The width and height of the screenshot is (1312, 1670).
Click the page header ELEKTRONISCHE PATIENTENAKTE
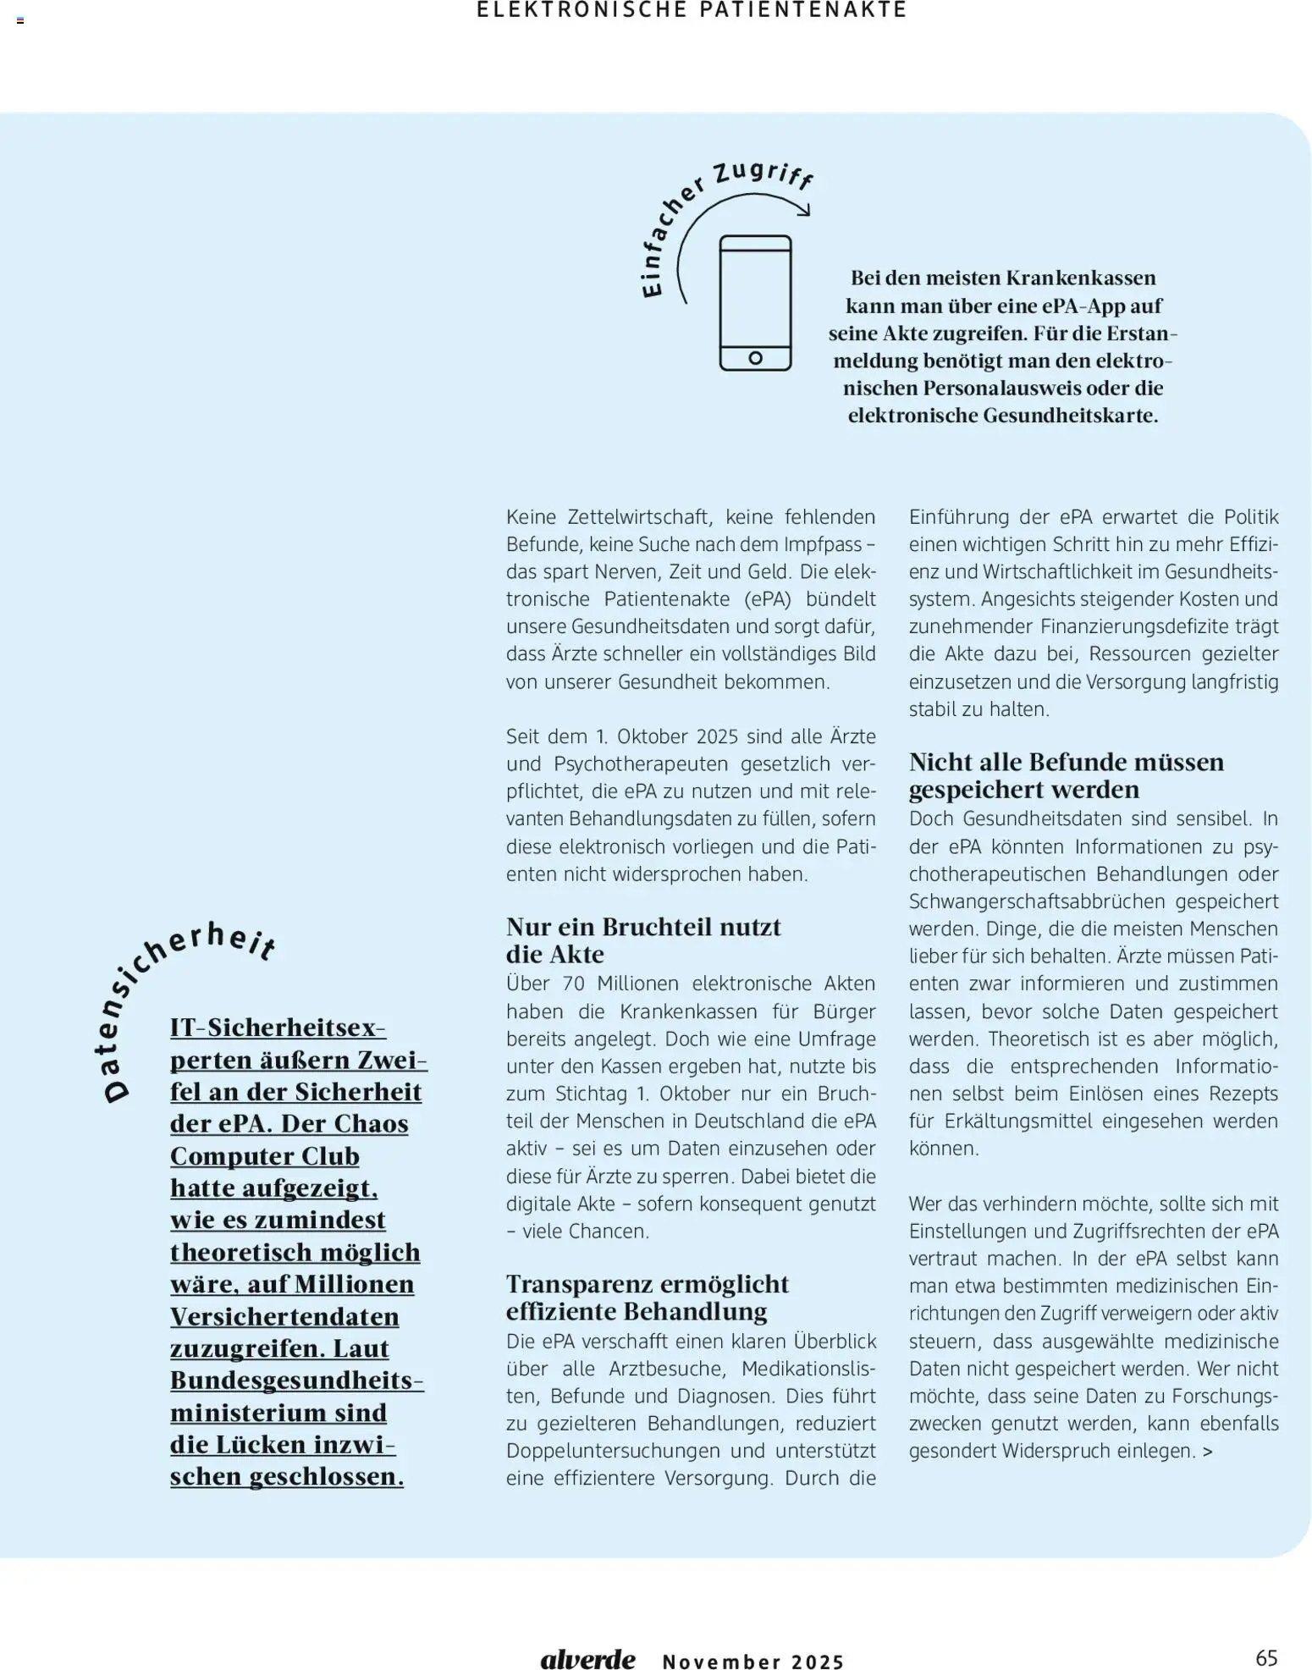[x=692, y=10]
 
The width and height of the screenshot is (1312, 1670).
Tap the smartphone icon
[x=755, y=302]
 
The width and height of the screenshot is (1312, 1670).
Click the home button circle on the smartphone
[x=756, y=357]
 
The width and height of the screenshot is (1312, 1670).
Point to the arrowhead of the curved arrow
[x=804, y=210]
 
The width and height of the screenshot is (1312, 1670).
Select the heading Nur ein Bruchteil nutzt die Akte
[x=642, y=940]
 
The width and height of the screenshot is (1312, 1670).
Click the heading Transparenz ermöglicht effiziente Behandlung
[x=647, y=1297]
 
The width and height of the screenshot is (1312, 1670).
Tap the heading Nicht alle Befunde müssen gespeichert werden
[x=1066, y=774]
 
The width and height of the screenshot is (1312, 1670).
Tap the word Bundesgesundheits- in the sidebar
[x=296, y=1380]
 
